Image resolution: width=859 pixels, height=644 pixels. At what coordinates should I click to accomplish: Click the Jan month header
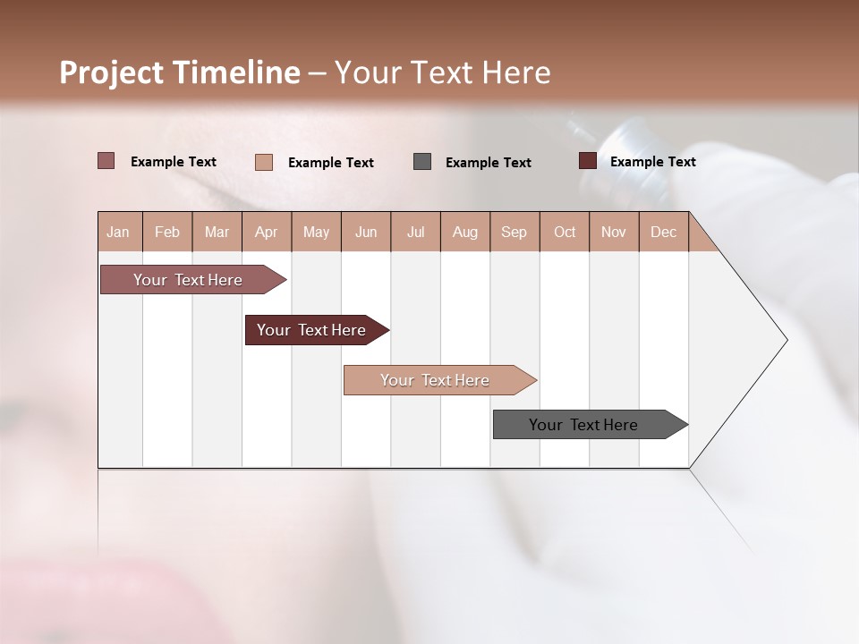pyautogui.click(x=118, y=232)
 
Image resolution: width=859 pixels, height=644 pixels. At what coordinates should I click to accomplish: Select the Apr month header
pyautogui.click(x=266, y=232)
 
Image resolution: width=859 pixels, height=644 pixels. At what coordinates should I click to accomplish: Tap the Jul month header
pyautogui.click(x=415, y=232)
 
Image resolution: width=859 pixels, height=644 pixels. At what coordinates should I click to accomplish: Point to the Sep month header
pyautogui.click(x=514, y=232)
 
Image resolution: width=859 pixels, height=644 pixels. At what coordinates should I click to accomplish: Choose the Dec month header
pyautogui.click(x=663, y=232)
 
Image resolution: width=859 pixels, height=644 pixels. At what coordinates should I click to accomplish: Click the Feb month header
pyautogui.click(x=167, y=232)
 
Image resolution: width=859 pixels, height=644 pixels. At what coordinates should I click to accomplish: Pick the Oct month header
pyautogui.click(x=565, y=232)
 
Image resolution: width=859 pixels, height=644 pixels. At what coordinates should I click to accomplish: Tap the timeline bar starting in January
pyautogui.click(x=189, y=280)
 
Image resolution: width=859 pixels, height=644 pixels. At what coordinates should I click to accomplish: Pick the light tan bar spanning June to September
pyautogui.click(x=436, y=380)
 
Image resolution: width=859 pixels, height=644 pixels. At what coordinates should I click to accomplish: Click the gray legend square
pyautogui.click(x=422, y=161)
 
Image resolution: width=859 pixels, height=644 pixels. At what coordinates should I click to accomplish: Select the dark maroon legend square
pyautogui.click(x=588, y=160)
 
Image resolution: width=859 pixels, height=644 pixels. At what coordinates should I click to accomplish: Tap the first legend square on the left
pyautogui.click(x=106, y=160)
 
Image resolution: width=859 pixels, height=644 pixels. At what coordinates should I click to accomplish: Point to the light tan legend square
pyautogui.click(x=263, y=162)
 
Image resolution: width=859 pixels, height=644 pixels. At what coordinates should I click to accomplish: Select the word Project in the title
pyautogui.click(x=111, y=72)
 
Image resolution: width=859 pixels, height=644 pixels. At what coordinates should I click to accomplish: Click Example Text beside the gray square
pyautogui.click(x=488, y=162)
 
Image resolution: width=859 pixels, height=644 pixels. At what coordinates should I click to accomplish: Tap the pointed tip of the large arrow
pyautogui.click(x=786, y=340)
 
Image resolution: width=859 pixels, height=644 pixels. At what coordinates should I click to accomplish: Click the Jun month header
pyautogui.click(x=366, y=232)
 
